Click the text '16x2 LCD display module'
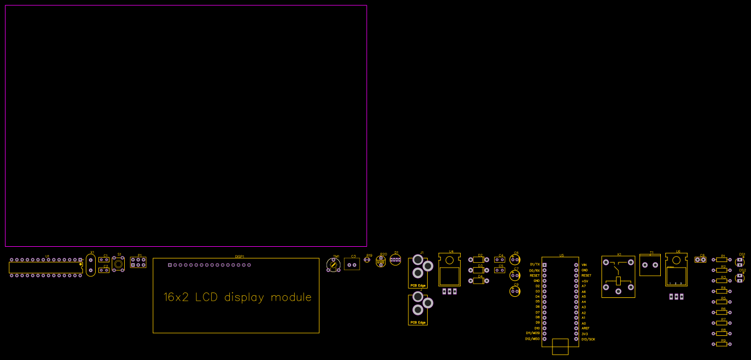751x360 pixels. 238,297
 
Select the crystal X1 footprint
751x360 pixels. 91,265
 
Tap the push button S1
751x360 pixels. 118,264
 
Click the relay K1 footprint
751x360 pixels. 618,277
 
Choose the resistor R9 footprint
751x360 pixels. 722,344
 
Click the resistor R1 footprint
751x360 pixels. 722,259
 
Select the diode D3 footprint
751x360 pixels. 479,270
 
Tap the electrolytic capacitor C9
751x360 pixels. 515,291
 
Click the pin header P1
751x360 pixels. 138,262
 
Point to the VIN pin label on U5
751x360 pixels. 584,265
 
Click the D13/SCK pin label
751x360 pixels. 588,339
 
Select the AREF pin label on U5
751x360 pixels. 585,328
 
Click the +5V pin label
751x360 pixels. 585,281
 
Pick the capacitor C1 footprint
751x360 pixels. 103,260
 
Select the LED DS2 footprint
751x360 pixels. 740,278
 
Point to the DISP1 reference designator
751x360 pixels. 240,256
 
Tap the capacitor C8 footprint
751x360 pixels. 700,259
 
